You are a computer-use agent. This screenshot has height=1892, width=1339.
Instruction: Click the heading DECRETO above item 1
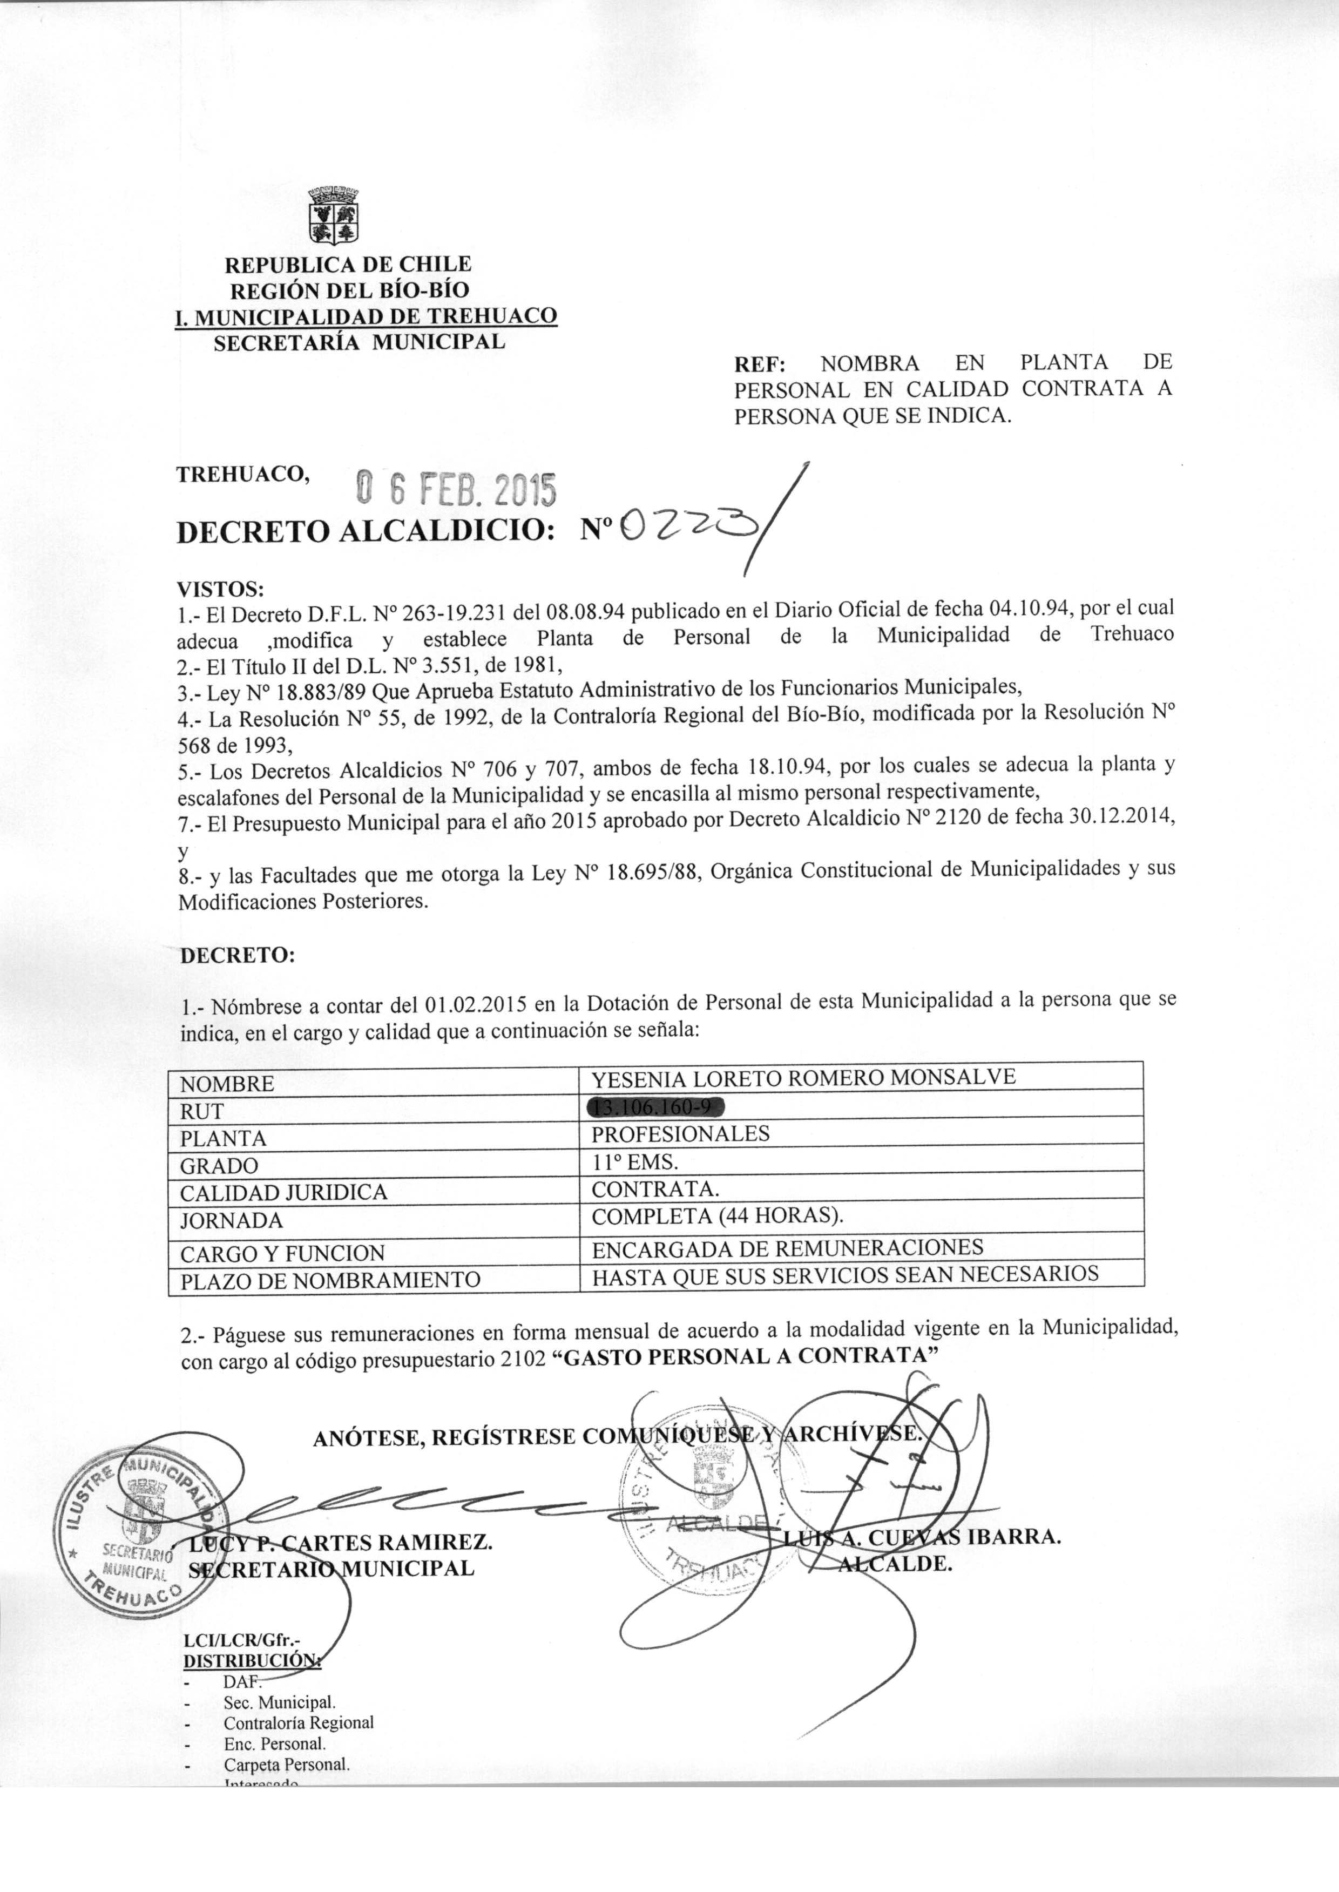click(236, 956)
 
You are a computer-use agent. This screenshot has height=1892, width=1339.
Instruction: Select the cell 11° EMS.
click(635, 1163)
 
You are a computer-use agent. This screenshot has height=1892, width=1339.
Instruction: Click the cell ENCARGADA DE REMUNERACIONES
click(787, 1247)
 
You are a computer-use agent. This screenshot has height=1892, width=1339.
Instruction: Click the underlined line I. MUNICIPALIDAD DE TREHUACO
click(366, 316)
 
